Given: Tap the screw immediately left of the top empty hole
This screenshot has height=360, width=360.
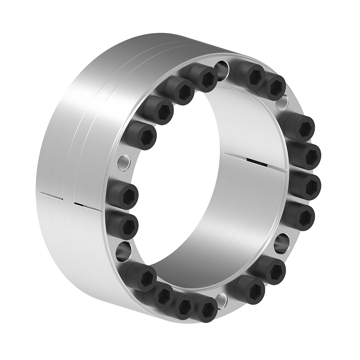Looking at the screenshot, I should pyautogui.click(x=206, y=78).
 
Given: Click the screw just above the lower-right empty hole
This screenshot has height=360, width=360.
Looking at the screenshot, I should pyautogui.click(x=302, y=216).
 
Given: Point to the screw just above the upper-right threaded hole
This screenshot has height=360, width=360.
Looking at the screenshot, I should pyautogui.click(x=276, y=87).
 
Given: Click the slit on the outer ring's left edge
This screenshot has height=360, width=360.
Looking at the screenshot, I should pyautogui.click(x=50, y=195).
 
